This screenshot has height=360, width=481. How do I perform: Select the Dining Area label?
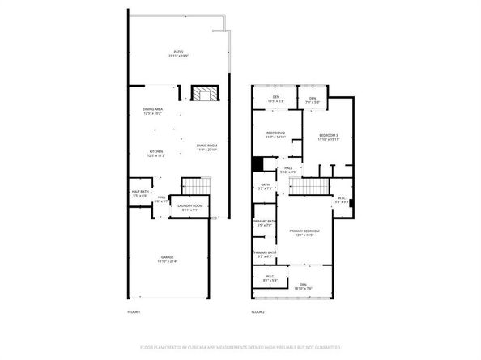pos(154,111)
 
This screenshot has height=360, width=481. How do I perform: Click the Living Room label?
pos(206,147)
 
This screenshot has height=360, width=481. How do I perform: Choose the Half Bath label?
pos(139,193)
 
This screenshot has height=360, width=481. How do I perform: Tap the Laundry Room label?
pos(190,207)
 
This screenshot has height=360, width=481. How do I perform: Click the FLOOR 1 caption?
pos(134,311)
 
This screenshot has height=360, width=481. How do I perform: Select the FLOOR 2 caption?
pos(258,311)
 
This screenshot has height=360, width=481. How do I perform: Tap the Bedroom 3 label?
pos(328,137)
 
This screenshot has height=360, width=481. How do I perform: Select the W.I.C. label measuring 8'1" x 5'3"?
pos(270,278)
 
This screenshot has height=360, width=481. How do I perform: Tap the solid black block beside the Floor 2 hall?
pos(258,163)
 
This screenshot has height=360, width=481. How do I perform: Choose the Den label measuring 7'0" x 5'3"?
pos(313,100)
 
